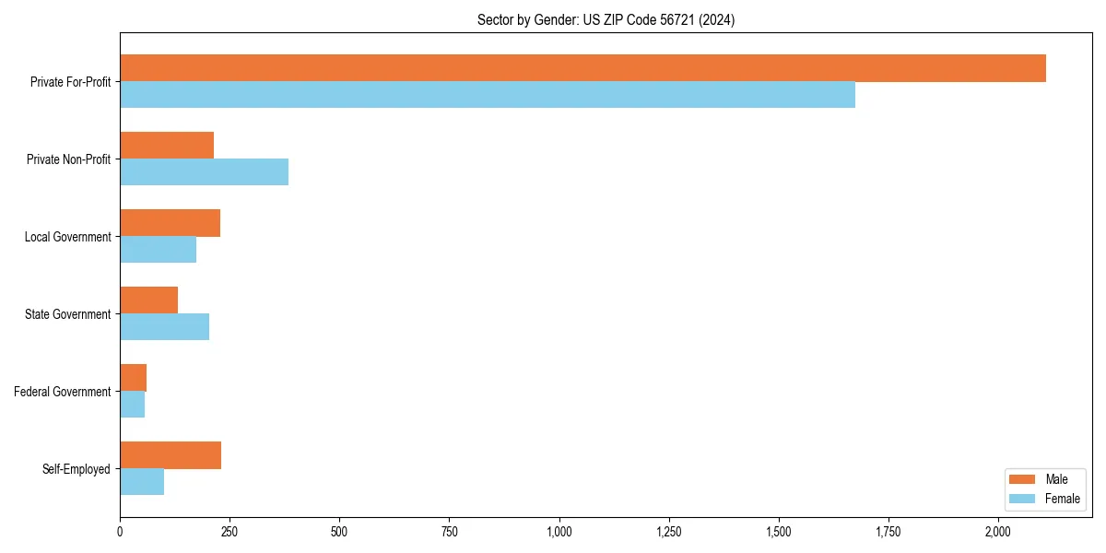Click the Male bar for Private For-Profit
(x=582, y=68)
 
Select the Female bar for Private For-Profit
(x=488, y=95)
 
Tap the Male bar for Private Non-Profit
(x=167, y=146)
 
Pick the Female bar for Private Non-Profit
(x=204, y=172)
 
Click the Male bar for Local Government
(x=170, y=223)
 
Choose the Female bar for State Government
(x=164, y=327)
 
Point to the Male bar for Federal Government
(x=133, y=378)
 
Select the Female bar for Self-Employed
(x=142, y=482)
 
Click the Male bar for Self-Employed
(x=171, y=455)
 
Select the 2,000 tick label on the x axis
(x=998, y=532)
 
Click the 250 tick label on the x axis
(x=229, y=532)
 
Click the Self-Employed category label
(x=76, y=469)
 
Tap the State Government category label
(x=67, y=314)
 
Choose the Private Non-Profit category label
(x=68, y=159)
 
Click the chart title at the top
(x=606, y=19)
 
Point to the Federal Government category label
(x=63, y=392)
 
